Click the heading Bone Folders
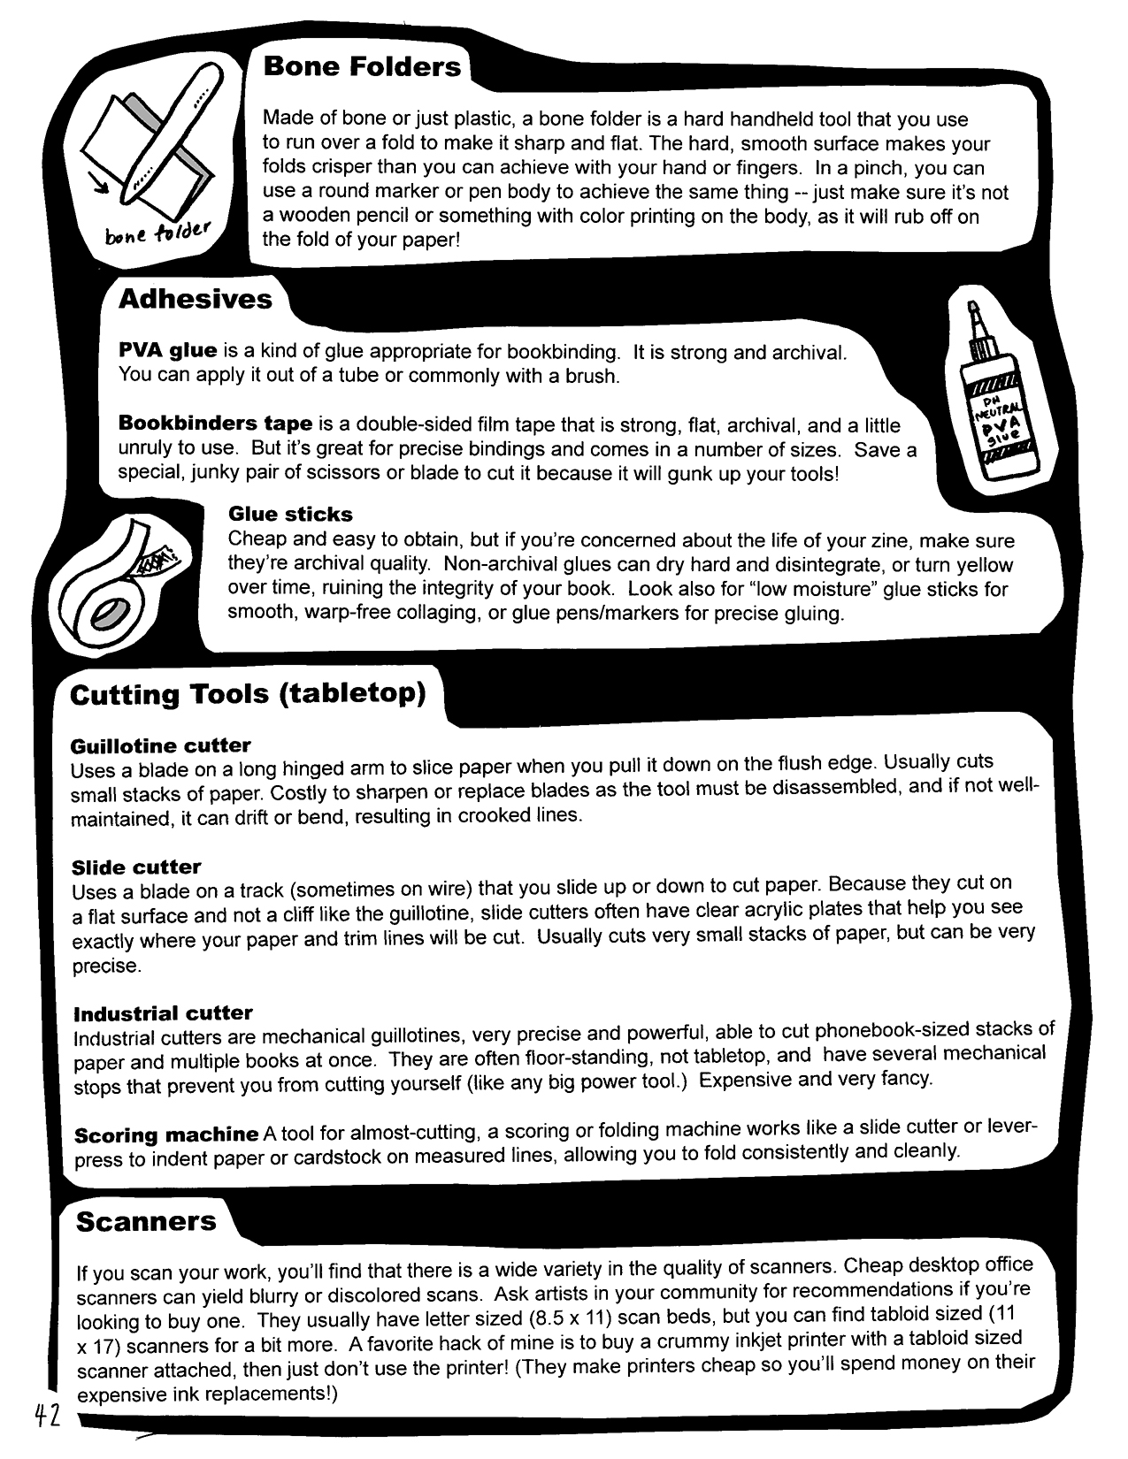[361, 67]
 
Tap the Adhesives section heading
[196, 299]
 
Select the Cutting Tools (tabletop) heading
[248, 694]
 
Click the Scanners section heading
[146, 1221]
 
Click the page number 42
[46, 1415]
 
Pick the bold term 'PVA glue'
[168, 351]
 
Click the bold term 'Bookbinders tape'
[216, 424]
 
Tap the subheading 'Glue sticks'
[290, 515]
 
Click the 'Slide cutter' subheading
[136, 867]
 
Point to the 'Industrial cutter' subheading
[163, 1013]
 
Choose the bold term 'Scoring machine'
[166, 1134]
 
